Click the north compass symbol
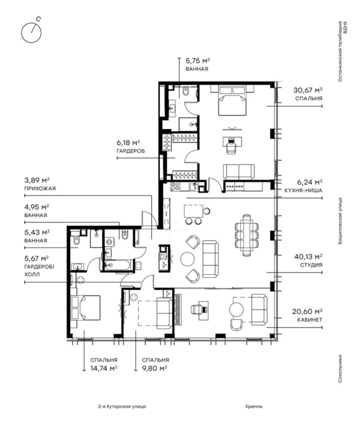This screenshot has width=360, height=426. [x=31, y=32]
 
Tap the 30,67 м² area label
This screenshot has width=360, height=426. [x=308, y=90]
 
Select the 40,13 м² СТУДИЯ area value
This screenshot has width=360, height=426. [x=308, y=257]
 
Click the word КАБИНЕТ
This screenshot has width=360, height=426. [x=309, y=320]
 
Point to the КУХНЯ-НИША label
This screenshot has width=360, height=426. [x=303, y=191]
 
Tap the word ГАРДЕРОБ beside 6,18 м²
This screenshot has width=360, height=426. [x=130, y=151]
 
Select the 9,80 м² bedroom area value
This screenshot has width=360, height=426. [x=154, y=368]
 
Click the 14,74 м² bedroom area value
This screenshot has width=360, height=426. [x=104, y=368]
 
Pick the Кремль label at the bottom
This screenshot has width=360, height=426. [x=254, y=407]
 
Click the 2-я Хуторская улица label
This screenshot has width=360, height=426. [x=122, y=407]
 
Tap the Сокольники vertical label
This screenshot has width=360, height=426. [x=340, y=368]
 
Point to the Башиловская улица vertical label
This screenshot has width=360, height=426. [x=340, y=221]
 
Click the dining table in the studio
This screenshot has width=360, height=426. [x=247, y=235]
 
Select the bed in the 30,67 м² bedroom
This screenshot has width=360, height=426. [x=232, y=100]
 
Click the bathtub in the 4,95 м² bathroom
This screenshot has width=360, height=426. [x=118, y=265]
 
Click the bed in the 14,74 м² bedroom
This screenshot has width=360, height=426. [x=85, y=308]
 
